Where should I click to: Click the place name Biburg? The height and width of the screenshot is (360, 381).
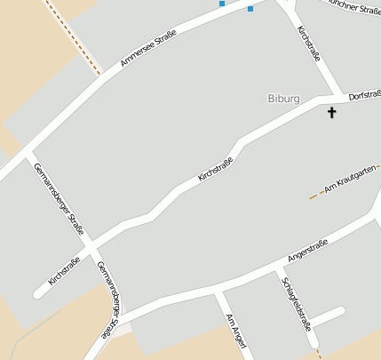pos(283,98)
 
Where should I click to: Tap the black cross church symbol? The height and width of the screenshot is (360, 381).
pos(332,112)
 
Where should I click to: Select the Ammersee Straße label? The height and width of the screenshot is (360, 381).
pos(147,49)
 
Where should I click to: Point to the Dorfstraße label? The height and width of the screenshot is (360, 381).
pos(364,93)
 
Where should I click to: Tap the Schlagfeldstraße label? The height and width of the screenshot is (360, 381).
pos(296,303)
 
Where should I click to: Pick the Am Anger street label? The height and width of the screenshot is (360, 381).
pos(234,330)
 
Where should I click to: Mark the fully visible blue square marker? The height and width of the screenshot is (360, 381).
pos(250,9)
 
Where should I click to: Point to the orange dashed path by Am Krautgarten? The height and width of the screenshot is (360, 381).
pos(314,195)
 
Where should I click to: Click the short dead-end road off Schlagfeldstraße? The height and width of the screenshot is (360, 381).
pos(327,316)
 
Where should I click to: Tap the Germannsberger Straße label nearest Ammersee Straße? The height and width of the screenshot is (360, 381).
pos(58,197)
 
